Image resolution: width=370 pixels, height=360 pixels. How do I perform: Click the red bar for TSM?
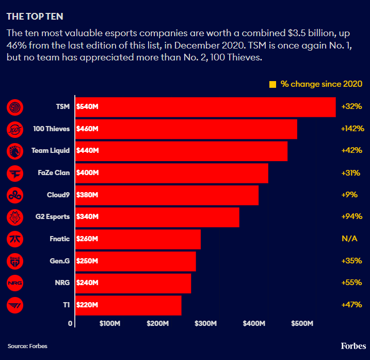pos(206,107)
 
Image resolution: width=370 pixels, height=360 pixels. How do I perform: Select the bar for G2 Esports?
pos(158,217)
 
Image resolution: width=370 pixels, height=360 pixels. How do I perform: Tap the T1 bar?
pos(129,305)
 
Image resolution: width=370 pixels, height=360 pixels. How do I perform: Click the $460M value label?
pos(87,129)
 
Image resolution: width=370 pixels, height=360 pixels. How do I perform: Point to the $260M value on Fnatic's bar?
pos(87,239)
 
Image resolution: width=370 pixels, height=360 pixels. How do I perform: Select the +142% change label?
pos(352,129)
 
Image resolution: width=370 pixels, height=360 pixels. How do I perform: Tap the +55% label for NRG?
pos(351,283)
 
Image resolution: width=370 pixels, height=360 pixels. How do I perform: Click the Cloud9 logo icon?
pos(14,195)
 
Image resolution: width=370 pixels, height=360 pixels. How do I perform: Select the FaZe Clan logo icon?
pos(14,173)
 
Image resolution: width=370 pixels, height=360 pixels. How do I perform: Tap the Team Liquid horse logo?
pos(14,151)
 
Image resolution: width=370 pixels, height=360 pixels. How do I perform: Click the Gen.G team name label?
pos(58,261)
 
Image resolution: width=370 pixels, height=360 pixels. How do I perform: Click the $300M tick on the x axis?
pos(206,324)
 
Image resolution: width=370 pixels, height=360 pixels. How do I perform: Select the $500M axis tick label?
pos(302,324)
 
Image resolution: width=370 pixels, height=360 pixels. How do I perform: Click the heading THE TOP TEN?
pos(35,17)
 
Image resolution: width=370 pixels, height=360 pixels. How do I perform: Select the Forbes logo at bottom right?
pos(353,346)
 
